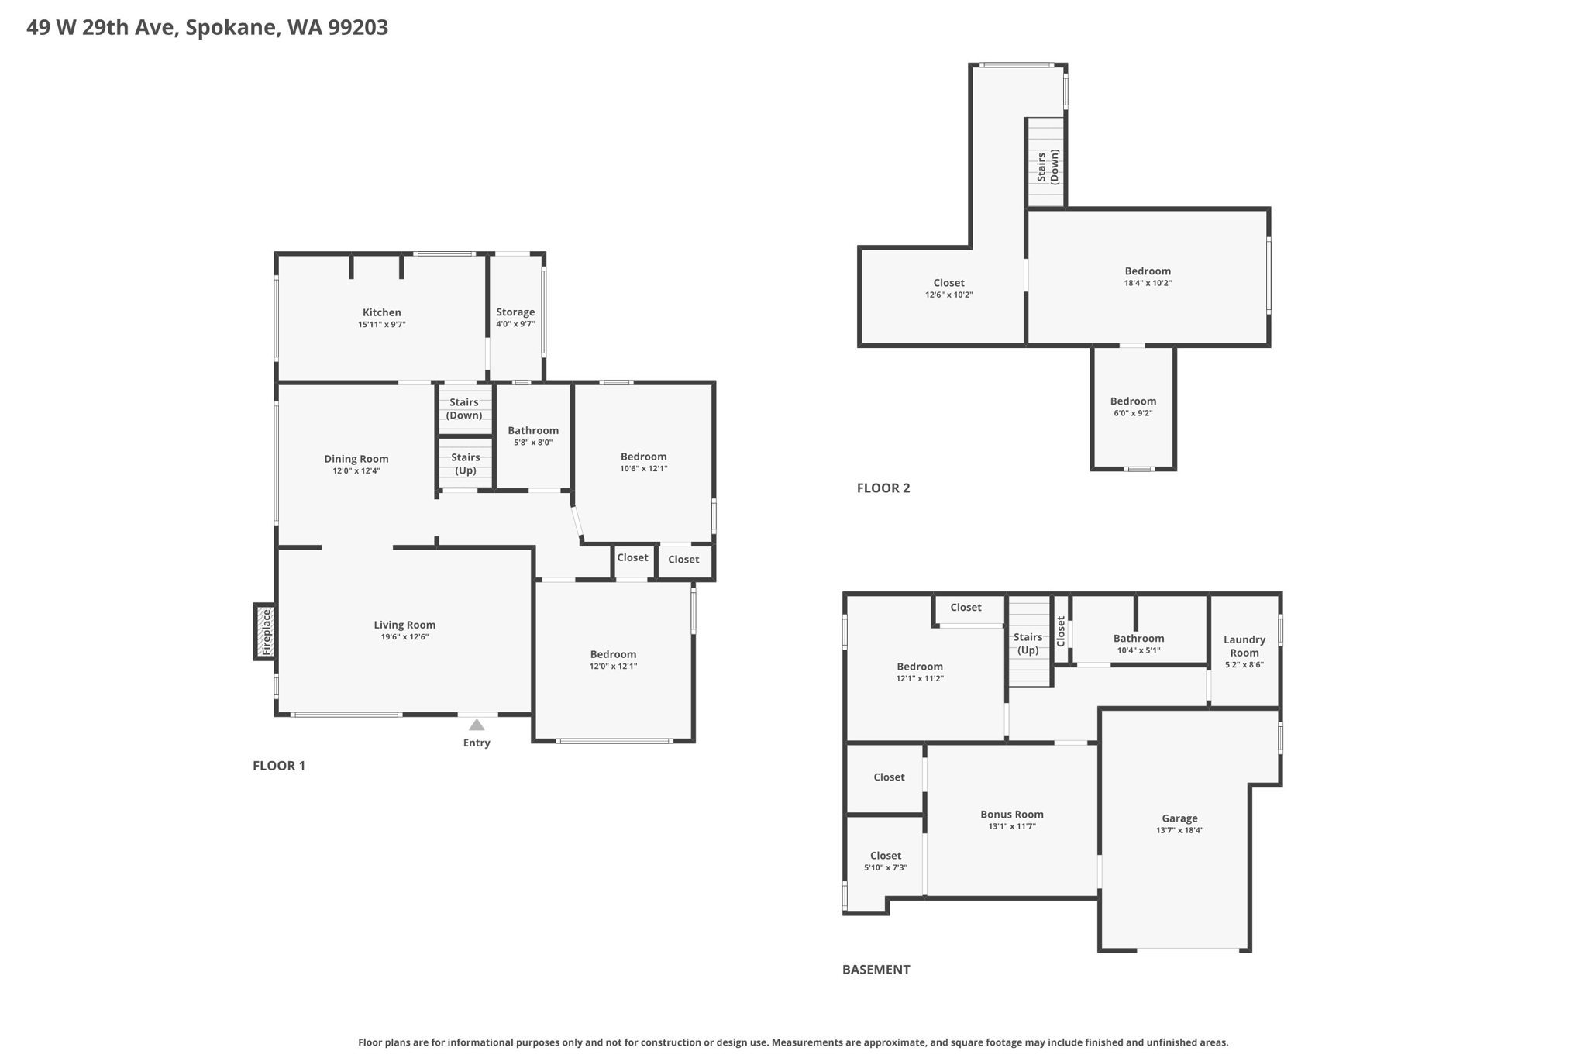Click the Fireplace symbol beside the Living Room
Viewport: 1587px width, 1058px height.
tap(265, 632)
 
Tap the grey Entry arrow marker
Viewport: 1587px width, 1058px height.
tap(477, 725)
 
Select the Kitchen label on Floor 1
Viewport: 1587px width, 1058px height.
tap(381, 312)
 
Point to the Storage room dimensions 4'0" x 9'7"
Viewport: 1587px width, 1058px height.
tap(515, 324)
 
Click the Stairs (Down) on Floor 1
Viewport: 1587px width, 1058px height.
tap(464, 408)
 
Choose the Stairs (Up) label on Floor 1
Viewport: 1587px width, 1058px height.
tap(465, 464)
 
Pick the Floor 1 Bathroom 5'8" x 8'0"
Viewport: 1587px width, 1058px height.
tap(533, 436)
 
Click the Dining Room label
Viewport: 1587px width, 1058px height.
tap(356, 459)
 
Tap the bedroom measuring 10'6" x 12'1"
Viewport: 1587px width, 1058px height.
tap(643, 462)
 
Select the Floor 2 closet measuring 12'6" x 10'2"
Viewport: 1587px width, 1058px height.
tap(948, 288)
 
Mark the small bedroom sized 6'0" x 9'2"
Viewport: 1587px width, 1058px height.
tap(1133, 406)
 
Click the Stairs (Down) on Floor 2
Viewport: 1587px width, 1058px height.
tap(1047, 167)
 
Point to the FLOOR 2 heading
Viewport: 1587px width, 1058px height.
tap(883, 488)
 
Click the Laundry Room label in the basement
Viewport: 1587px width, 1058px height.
tap(1244, 646)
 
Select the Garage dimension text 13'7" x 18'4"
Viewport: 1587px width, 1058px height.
tap(1179, 830)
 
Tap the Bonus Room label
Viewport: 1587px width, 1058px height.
tap(1011, 814)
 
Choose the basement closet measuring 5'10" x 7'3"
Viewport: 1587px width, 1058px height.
tap(885, 861)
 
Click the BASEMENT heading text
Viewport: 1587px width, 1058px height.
tap(876, 969)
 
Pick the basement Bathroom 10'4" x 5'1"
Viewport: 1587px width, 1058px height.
tap(1138, 643)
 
